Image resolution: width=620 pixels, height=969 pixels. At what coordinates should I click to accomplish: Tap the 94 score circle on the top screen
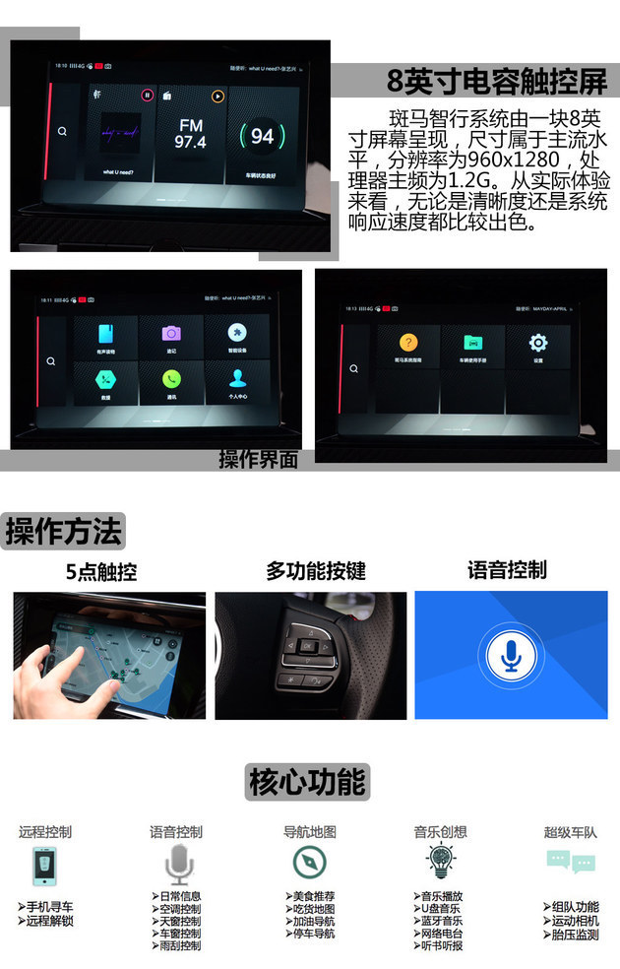click(x=262, y=137)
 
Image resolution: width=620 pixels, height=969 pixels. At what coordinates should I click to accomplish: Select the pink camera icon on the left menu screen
click(x=171, y=334)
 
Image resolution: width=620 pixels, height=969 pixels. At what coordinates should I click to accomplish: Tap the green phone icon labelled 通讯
click(x=171, y=379)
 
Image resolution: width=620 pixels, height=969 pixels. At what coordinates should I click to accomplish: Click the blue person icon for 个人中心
click(x=236, y=379)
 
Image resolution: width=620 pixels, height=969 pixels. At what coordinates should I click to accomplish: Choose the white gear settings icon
click(x=538, y=343)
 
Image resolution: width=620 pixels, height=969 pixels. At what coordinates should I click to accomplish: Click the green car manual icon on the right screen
click(x=471, y=343)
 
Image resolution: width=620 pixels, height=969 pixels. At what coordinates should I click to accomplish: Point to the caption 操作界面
click(x=258, y=459)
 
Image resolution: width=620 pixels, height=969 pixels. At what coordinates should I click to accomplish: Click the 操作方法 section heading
click(x=64, y=531)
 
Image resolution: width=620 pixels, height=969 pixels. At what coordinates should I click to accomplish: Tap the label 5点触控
click(x=101, y=571)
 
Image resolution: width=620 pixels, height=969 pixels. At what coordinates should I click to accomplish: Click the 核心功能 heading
click(x=308, y=782)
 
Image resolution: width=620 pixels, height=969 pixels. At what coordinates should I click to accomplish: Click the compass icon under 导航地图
click(x=309, y=863)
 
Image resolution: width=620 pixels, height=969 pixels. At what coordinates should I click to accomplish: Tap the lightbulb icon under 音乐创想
click(x=439, y=862)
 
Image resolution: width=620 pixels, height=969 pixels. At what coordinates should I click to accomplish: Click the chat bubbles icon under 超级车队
click(x=570, y=863)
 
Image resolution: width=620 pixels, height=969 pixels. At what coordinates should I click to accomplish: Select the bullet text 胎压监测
click(x=575, y=935)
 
